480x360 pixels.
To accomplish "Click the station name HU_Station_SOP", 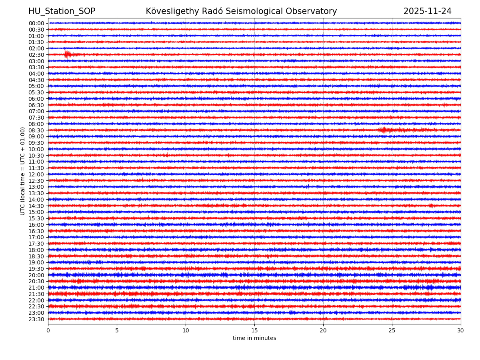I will click(x=62, y=11).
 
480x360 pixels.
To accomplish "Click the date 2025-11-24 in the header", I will click(x=427, y=11).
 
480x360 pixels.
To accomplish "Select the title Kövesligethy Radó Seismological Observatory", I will click(x=241, y=11).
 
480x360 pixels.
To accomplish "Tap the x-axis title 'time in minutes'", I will click(x=254, y=338).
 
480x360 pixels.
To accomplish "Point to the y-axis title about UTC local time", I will click(x=23, y=171).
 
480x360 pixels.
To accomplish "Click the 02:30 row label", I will click(x=36, y=55).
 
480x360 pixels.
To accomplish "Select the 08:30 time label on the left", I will click(x=36, y=130).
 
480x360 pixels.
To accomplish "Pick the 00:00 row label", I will click(x=36, y=23).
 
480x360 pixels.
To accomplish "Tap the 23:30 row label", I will click(x=36, y=319).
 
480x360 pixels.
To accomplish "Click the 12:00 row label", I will click(x=36, y=174).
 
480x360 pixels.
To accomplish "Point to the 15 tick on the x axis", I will click(x=254, y=330).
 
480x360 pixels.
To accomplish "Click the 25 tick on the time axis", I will click(x=392, y=330).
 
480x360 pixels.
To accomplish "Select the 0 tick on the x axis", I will click(x=48, y=330).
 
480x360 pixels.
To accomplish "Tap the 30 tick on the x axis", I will click(x=461, y=330).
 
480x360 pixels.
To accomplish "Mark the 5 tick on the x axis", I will click(x=117, y=330).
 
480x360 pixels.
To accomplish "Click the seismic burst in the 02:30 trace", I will click(x=67, y=54).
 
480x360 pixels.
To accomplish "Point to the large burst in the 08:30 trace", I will click(x=384, y=130).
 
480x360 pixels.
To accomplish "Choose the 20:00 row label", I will click(x=36, y=275).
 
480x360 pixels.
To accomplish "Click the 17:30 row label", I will click(x=36, y=244).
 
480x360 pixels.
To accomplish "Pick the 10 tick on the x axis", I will click(x=186, y=330).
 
